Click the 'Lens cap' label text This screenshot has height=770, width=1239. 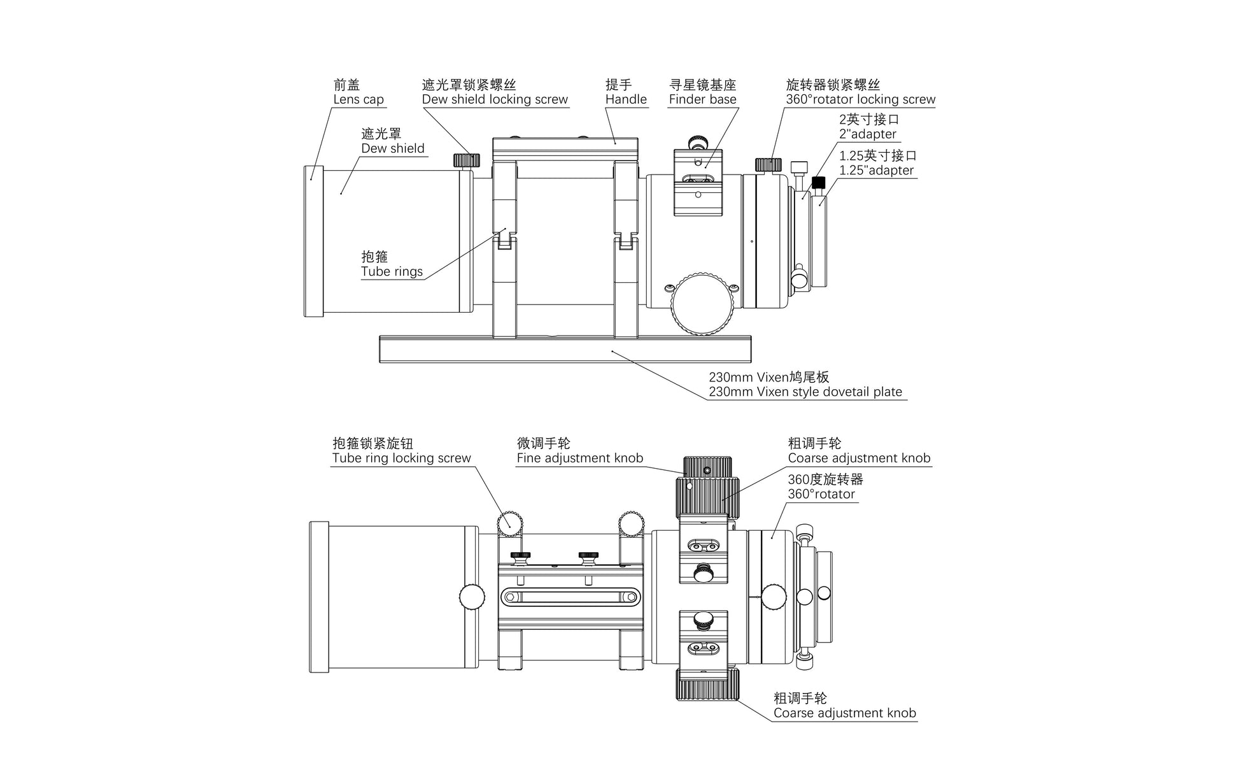click(x=358, y=99)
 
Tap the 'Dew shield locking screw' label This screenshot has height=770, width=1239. click(x=495, y=99)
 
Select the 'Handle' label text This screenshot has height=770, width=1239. click(x=626, y=99)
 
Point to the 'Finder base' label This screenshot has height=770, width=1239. click(x=702, y=99)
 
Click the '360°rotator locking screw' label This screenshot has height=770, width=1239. click(x=860, y=99)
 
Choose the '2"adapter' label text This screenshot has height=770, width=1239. click(x=868, y=134)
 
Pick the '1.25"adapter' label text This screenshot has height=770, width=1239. click(x=876, y=170)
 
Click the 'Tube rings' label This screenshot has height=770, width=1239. click(x=392, y=271)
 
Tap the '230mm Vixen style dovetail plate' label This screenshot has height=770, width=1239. click(x=805, y=392)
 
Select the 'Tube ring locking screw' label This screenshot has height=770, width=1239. click(x=401, y=458)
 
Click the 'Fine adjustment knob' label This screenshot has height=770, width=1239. click(x=579, y=458)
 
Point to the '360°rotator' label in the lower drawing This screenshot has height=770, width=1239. click(x=821, y=494)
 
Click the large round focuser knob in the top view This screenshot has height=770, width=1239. click(x=702, y=304)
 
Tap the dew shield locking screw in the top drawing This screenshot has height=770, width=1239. click(x=467, y=159)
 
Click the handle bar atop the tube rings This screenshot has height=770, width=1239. click(x=565, y=148)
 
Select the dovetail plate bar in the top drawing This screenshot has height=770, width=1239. click(x=565, y=350)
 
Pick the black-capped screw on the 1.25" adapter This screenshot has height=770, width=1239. click(x=819, y=183)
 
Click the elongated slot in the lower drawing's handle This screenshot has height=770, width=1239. click(x=570, y=597)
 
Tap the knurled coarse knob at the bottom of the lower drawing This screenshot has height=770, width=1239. click(x=707, y=685)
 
